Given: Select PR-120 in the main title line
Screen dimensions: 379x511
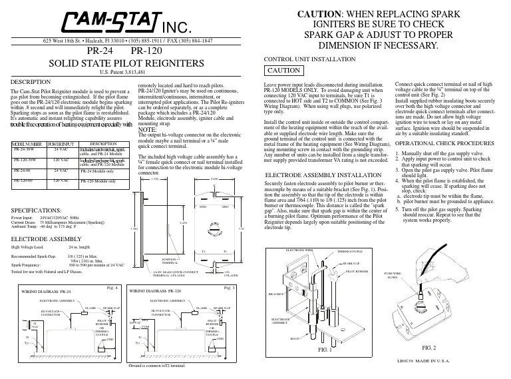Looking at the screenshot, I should click(x=148, y=51).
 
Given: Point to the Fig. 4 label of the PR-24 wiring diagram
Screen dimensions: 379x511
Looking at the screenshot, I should click(x=112, y=287).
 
